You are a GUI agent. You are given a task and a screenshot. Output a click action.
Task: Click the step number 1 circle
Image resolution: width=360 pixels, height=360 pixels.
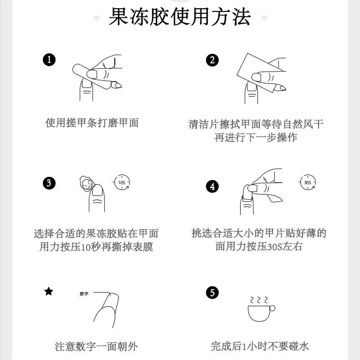tap(49, 60)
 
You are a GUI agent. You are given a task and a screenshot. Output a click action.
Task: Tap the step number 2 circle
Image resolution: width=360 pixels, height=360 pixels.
tap(212, 60)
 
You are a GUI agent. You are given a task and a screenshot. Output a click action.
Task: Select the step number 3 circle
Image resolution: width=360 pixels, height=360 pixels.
tap(49, 183)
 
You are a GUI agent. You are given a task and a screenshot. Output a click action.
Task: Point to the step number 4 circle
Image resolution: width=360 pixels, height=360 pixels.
tap(212, 186)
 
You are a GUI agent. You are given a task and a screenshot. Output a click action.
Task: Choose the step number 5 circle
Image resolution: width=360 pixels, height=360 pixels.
tap(212, 293)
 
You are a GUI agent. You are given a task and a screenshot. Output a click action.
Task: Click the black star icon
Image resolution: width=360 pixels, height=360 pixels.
tap(49, 291)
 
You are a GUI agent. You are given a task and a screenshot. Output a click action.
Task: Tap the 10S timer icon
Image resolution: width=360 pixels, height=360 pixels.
tap(122, 182)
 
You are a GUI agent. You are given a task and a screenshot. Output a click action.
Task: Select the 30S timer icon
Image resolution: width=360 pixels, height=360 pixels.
tap(308, 182)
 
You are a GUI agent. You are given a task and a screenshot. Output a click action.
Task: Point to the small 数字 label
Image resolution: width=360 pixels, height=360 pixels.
tap(84, 293)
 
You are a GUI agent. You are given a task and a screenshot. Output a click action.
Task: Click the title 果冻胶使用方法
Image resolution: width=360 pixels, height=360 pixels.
tap(180, 16)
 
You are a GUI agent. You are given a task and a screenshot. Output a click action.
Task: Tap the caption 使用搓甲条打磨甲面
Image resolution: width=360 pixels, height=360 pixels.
tap(92, 123)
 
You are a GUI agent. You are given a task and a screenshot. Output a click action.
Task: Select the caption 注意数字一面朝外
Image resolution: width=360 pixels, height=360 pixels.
tap(96, 346)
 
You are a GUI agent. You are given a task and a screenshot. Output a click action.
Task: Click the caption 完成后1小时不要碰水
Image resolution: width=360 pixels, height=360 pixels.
tap(260, 346)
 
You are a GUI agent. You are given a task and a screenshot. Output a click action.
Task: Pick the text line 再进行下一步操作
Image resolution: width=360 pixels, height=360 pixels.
tap(256, 138)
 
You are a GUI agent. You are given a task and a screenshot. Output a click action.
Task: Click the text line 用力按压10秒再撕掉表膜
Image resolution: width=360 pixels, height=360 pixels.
tap(96, 247)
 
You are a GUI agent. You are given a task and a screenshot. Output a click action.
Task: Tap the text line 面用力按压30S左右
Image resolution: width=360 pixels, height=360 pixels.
tap(259, 247)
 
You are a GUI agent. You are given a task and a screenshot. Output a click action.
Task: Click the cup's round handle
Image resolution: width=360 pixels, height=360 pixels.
tap(272, 308)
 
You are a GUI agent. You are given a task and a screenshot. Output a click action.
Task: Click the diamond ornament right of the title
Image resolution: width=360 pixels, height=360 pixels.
tap(264, 18)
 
